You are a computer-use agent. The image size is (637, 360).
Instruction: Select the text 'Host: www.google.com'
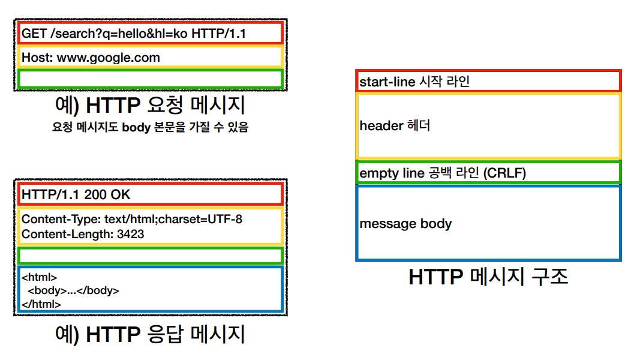(x=91, y=58)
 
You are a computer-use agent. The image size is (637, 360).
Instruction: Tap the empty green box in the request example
(x=150, y=79)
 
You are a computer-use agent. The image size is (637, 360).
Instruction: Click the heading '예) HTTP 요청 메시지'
(x=149, y=106)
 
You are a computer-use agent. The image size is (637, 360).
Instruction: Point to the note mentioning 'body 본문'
(x=150, y=127)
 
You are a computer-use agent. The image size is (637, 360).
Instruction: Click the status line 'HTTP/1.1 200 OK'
(x=76, y=194)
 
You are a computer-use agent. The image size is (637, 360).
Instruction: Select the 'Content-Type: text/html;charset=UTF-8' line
(x=132, y=219)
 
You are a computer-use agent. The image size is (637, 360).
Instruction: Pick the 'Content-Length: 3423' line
(x=83, y=234)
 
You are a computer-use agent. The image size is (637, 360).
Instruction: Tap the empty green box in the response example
(x=150, y=256)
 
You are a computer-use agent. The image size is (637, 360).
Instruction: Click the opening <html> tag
(x=39, y=277)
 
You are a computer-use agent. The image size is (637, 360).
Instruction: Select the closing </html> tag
(x=41, y=304)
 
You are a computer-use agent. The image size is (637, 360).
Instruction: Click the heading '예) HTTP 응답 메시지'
(x=149, y=334)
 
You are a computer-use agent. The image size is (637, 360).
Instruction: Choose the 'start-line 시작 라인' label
(x=414, y=82)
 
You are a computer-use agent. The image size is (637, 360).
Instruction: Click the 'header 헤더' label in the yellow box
(x=395, y=126)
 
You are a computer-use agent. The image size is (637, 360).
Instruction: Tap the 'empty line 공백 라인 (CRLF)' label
(x=443, y=173)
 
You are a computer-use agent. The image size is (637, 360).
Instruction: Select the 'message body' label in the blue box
(x=405, y=224)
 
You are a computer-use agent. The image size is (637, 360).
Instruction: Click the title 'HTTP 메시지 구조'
(x=488, y=277)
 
